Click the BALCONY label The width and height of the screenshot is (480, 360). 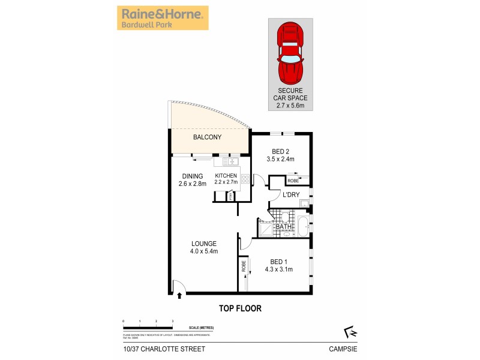(x=207, y=137)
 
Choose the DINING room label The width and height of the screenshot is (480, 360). (x=192, y=179)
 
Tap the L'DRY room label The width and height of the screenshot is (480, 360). (x=291, y=196)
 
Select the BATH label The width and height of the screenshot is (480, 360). (x=283, y=227)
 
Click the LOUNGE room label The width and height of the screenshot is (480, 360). (x=203, y=247)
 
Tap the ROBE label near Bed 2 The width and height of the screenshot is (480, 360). (x=293, y=181)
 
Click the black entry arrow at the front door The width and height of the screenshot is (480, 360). (x=181, y=294)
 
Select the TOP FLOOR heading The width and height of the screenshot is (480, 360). (x=239, y=308)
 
